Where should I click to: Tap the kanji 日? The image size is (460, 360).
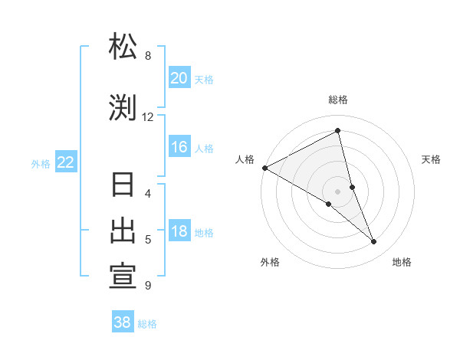123,186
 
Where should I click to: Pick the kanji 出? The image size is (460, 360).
123,231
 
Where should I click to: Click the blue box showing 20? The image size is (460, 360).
179,78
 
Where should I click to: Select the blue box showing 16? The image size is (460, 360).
179,147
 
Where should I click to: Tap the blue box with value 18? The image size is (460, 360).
179,231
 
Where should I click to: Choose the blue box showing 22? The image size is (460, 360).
66,162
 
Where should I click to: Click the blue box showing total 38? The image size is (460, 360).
123,322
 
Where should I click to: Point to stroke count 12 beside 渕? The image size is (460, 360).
147,116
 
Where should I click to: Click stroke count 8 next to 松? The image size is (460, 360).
147,55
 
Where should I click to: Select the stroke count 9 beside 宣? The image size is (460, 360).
147,285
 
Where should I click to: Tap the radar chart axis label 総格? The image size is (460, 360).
338,100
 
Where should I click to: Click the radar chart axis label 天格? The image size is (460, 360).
432,159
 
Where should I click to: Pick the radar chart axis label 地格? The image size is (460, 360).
402,262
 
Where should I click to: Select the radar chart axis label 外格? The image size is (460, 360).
270,262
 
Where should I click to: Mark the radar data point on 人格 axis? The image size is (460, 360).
264,167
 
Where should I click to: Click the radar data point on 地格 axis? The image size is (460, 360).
374,242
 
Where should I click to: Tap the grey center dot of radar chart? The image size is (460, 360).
338,191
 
